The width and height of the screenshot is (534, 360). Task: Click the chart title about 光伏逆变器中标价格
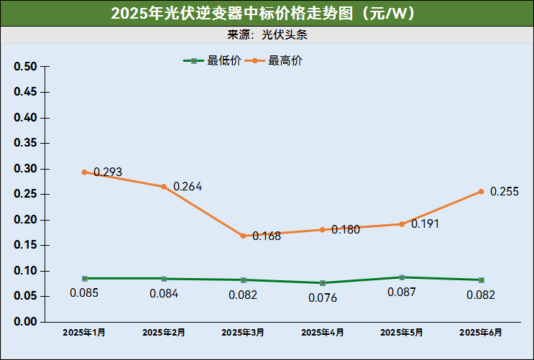coord(267,13)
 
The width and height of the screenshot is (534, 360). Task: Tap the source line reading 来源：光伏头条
coord(267,34)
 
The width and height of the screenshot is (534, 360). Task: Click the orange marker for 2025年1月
coord(85,172)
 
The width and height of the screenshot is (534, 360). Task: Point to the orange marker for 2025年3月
coord(244,236)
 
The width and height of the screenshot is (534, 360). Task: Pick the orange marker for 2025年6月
coord(481,191)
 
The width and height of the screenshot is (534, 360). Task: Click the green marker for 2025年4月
coord(323,283)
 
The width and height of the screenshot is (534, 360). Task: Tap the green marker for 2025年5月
coord(402,277)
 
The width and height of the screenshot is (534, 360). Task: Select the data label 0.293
coord(108,172)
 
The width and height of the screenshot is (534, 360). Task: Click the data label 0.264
coord(188,187)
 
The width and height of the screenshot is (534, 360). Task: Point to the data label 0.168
coord(267,236)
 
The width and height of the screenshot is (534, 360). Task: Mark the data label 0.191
coord(425,224)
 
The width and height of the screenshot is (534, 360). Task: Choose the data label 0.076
coord(323,297)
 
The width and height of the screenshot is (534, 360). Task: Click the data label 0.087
coord(402,292)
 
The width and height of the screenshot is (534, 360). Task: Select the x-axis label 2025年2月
coord(164,333)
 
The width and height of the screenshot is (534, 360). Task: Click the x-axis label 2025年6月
coord(481,333)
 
